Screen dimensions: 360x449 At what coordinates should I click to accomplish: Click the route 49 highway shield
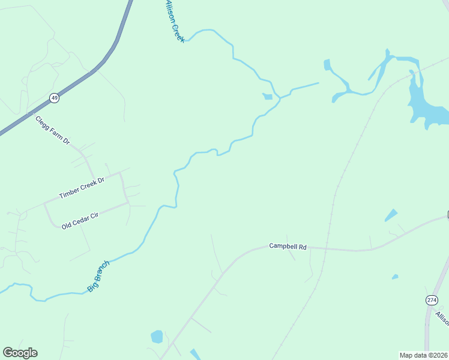click(54, 98)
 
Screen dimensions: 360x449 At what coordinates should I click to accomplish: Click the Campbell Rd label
click(288, 246)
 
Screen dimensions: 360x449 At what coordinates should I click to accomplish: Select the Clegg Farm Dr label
click(52, 130)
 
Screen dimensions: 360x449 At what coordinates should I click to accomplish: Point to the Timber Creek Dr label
click(82, 188)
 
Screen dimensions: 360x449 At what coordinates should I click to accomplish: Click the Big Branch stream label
click(98, 276)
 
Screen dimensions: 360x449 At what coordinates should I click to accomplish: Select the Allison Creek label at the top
click(174, 21)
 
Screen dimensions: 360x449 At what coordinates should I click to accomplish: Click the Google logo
click(20, 353)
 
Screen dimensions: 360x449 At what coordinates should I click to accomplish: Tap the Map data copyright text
click(424, 355)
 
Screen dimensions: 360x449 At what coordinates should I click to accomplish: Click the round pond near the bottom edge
click(157, 336)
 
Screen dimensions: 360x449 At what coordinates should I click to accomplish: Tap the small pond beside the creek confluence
click(268, 96)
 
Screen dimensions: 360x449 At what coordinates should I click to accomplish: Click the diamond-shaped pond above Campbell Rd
click(391, 215)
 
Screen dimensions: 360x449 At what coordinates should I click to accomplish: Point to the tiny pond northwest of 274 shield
click(394, 277)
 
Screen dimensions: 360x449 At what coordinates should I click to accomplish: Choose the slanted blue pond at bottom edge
click(196, 355)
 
